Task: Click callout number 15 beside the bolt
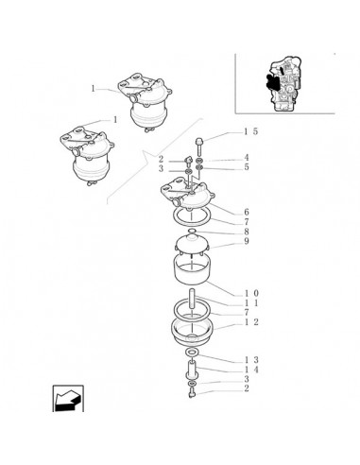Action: click(251, 131)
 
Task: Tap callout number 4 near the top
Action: click(247, 158)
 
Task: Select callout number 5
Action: click(247, 167)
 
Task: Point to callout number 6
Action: click(247, 212)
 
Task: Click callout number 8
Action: click(247, 232)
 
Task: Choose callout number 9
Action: click(247, 241)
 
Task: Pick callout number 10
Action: click(251, 294)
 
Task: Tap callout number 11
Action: click(251, 303)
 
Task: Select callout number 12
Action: click(251, 322)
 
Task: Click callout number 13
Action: click(251, 360)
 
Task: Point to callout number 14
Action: click(251, 370)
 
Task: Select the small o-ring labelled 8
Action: click(192, 232)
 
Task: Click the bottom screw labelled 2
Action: click(193, 393)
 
